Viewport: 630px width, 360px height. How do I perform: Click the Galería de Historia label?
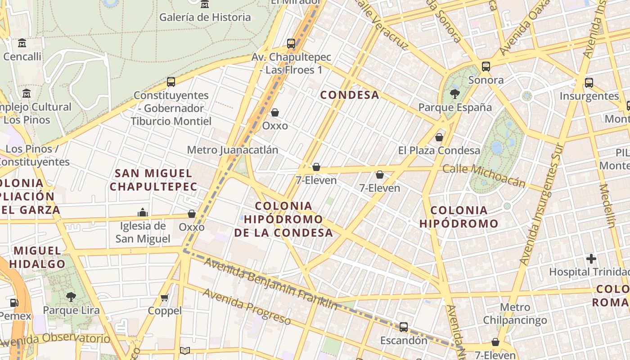205,18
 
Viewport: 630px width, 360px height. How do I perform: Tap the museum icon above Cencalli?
22,44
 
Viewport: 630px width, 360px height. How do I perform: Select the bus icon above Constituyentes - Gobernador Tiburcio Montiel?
171,82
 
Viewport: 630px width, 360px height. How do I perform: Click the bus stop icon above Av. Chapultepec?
291,44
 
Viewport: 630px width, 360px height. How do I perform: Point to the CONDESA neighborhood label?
350,95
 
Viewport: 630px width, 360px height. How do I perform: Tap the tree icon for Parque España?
455,94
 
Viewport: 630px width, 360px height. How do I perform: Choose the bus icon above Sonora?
486,67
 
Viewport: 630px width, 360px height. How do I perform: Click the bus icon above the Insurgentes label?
589,83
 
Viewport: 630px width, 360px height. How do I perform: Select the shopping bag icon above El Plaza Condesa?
439,137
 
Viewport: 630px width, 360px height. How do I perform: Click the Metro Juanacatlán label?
232,150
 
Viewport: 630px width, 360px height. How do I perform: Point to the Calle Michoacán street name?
484,175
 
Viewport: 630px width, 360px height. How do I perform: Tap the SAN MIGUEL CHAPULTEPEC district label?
153,180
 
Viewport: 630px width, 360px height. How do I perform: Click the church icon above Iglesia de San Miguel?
143,212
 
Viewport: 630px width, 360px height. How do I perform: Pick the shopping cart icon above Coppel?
165,297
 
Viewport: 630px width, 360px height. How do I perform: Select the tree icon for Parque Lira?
71,297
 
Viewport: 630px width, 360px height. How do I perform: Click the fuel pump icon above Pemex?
14,303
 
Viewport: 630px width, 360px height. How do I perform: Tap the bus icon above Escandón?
404,327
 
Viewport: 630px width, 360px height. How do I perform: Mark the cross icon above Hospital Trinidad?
591,259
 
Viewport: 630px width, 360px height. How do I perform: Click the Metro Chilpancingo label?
515,314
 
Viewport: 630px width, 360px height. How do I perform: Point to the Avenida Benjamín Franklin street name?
270,283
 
